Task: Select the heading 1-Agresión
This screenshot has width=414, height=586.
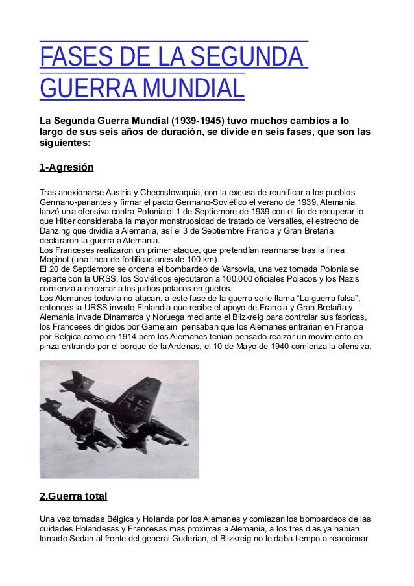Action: [67, 167]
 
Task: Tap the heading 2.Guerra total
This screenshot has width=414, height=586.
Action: [73, 497]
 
